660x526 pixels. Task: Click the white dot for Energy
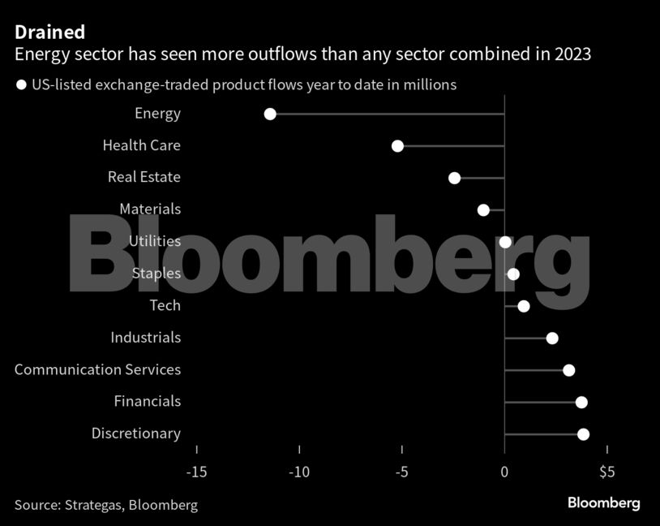click(x=270, y=114)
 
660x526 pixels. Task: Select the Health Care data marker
click(x=397, y=146)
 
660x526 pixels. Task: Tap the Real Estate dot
click(x=454, y=179)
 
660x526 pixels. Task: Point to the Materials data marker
click(x=483, y=210)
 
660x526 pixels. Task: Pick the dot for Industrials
click(x=552, y=338)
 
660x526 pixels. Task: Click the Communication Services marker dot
click(x=569, y=370)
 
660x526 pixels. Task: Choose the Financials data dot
click(x=581, y=403)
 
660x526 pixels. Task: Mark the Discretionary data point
click(x=583, y=434)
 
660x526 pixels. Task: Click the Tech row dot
click(x=524, y=306)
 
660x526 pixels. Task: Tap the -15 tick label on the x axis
click(x=196, y=472)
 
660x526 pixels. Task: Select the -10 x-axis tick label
click(x=299, y=472)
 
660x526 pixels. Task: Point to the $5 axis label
click(x=607, y=472)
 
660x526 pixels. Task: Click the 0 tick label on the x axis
click(x=504, y=472)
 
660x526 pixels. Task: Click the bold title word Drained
click(x=49, y=32)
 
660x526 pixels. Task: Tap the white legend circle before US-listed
click(x=21, y=84)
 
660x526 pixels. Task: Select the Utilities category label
click(x=155, y=241)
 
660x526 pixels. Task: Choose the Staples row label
click(x=156, y=273)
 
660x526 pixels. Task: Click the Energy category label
click(x=157, y=114)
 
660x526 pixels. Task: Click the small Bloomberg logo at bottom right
click(x=603, y=503)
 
